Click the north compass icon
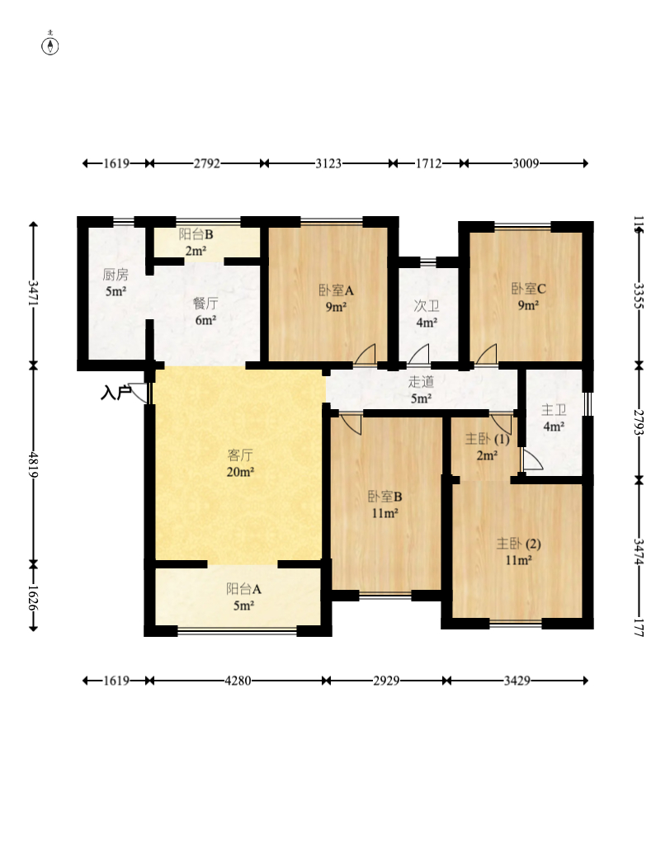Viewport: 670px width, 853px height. tap(50, 45)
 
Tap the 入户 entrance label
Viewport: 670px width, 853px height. tap(116, 392)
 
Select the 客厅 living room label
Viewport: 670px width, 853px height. tap(240, 455)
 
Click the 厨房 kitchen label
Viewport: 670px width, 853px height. tap(116, 275)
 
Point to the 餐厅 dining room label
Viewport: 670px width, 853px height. tap(205, 303)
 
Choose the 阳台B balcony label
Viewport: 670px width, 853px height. tap(196, 234)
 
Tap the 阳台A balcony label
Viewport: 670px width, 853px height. tap(244, 589)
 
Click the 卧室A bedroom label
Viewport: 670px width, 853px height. tap(337, 290)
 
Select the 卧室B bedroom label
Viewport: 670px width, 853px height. tap(385, 496)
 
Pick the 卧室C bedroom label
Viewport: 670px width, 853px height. tap(528, 289)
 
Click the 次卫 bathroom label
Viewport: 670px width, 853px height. tap(427, 306)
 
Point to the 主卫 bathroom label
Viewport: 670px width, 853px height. tap(554, 410)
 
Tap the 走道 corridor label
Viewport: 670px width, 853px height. tap(421, 381)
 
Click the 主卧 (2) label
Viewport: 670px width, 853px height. tap(519, 543)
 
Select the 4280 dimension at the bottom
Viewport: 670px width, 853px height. tap(238, 681)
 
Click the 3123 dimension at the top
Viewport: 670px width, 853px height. tap(328, 163)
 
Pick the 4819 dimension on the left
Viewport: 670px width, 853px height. tap(33, 464)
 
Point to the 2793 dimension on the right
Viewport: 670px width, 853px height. tap(639, 422)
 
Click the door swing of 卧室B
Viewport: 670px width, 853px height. tap(352, 424)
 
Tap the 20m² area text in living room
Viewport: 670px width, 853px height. tap(240, 472)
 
